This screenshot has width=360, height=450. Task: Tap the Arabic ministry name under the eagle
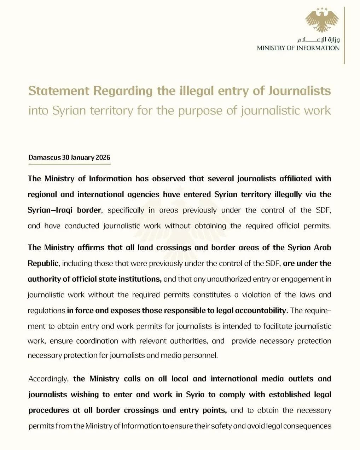(318, 40)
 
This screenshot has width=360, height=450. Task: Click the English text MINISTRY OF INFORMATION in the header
(298, 48)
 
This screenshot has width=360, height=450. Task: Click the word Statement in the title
(59, 91)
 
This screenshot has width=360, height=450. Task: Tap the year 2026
(102, 157)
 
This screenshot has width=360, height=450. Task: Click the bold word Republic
(43, 263)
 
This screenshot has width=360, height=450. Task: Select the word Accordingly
(48, 379)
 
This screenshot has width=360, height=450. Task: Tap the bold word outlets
(301, 379)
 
